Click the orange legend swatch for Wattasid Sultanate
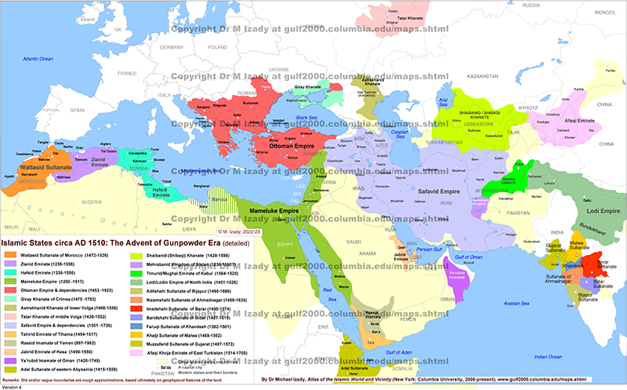(x=12, y=253)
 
